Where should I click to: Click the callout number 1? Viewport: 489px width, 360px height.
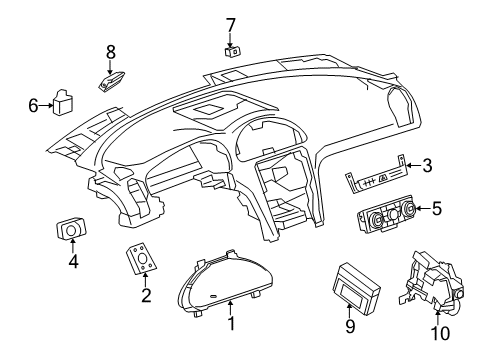coord(231,323)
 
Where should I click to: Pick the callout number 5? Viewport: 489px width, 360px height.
coord(435,208)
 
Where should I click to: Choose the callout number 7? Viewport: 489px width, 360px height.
coord(230,23)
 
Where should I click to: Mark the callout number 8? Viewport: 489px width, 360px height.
coord(111,50)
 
